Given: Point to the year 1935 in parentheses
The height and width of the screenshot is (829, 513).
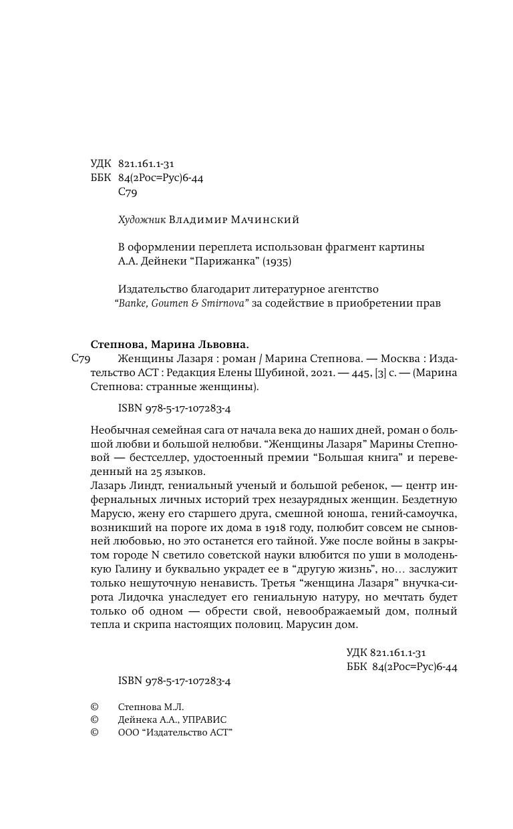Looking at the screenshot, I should pyautogui.click(x=276, y=262).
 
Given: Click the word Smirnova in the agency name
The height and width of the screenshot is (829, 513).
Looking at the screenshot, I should pyautogui.click(x=223, y=304).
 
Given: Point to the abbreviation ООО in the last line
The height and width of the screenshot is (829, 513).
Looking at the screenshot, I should pyautogui.click(x=128, y=733).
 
